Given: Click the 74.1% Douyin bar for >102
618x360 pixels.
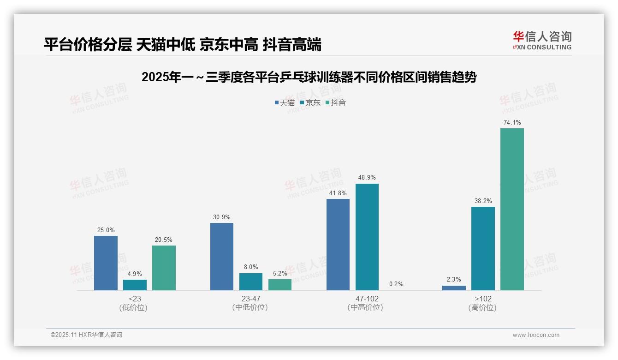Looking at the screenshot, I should click(x=512, y=209).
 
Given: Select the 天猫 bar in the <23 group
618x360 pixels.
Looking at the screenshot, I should click(x=106, y=263).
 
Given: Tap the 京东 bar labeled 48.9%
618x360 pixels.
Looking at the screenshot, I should click(x=367, y=237).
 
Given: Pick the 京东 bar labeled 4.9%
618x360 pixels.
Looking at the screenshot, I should click(x=135, y=285).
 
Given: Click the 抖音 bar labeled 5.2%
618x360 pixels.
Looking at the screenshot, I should click(x=280, y=285).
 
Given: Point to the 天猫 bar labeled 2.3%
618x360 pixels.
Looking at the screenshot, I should click(x=454, y=288).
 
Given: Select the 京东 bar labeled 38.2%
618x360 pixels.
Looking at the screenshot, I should click(x=483, y=248).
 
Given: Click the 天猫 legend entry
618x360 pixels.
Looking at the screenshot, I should click(x=285, y=102).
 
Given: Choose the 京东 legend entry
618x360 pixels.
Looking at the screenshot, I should click(x=310, y=102).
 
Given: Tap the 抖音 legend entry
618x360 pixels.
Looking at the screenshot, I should click(x=336, y=102).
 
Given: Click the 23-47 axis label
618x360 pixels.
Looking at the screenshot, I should click(x=251, y=299).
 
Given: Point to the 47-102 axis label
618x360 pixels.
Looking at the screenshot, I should click(x=367, y=299).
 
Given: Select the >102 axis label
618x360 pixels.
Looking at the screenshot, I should click(x=483, y=299).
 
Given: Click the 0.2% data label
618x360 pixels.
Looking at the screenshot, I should click(x=396, y=284).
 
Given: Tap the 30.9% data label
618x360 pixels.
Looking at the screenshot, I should click(x=222, y=217).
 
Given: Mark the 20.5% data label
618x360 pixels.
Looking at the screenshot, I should click(x=164, y=240).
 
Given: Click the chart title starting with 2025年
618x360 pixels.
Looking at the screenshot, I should click(x=309, y=77).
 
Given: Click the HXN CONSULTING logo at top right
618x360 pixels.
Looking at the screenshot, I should click(x=542, y=41).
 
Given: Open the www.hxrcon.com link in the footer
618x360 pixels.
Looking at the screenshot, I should click(x=536, y=335).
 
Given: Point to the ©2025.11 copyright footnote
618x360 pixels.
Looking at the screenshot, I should click(x=86, y=335).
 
